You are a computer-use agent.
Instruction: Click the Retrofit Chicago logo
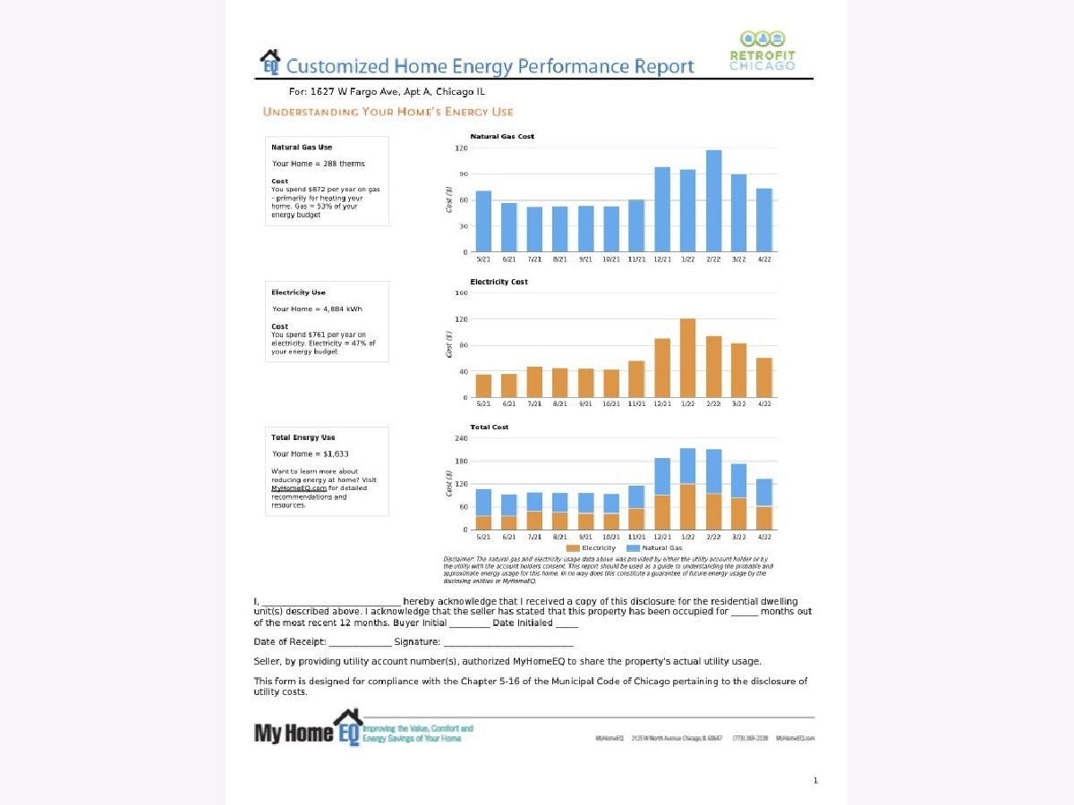pos(762,52)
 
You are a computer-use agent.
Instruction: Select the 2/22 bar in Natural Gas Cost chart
pos(713,201)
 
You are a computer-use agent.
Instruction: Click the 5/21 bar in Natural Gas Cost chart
pos(483,221)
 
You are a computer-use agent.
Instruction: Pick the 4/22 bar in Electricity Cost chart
pos(764,377)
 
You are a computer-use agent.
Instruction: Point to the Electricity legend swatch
pos(573,547)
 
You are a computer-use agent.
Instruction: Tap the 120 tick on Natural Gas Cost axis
pos(462,148)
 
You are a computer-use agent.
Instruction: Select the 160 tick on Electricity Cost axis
pos(462,293)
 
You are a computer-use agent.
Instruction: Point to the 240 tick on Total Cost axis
pos(462,438)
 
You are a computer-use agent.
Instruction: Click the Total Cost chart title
pos(489,428)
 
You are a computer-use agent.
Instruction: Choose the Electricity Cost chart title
pos(499,282)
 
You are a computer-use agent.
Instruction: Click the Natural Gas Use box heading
pos(302,148)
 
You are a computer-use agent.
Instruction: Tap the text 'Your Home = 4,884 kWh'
pos(318,309)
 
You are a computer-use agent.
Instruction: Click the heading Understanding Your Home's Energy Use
pos(388,112)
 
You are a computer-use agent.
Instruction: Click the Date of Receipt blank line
pos(360,642)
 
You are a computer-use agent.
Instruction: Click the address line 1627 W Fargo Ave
pos(387,91)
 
